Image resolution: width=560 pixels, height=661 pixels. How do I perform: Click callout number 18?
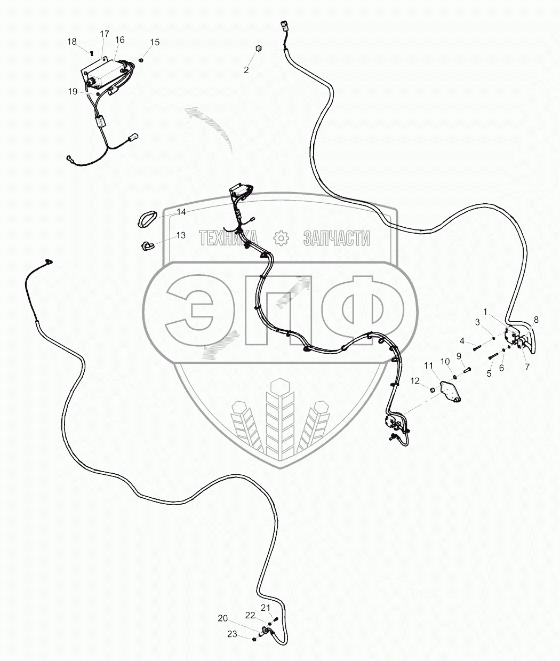pos(72,42)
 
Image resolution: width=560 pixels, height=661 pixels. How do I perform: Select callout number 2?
pos(246,70)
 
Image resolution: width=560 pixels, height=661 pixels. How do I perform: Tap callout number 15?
pos(155,42)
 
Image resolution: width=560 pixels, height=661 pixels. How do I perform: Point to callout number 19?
pos(73,92)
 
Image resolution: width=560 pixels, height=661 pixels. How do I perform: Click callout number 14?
pos(181,212)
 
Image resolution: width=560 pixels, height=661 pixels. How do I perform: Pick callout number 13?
pos(181,235)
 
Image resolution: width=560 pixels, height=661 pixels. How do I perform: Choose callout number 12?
pos(415,381)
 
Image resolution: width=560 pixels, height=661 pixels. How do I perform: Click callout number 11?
pos(429,366)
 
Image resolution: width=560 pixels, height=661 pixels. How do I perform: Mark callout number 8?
pos(536,320)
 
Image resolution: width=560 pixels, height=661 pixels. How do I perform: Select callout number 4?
pos(462,341)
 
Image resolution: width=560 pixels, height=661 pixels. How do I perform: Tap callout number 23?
pos(232,634)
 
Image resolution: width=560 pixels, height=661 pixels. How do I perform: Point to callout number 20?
pos(222,618)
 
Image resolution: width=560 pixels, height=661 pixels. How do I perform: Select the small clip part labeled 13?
pos(147,245)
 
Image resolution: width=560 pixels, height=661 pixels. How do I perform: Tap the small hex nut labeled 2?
pos(258,49)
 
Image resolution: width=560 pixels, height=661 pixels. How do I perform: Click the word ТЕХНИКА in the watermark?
pos(228,238)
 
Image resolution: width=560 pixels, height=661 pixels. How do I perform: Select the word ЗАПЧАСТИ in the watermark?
pos(336,238)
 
